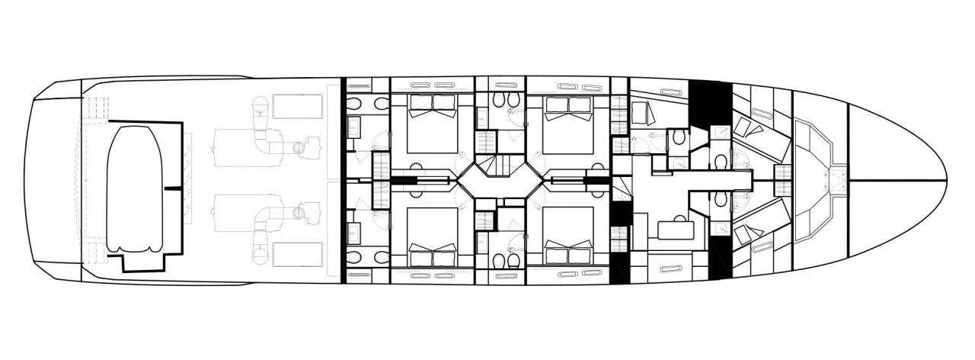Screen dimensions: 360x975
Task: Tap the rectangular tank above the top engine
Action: tap(298, 107)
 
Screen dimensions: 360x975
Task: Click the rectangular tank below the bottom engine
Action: tap(298, 254)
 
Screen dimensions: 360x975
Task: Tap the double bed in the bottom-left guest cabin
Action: tap(432, 232)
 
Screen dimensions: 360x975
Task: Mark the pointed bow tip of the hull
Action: tap(945, 181)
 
